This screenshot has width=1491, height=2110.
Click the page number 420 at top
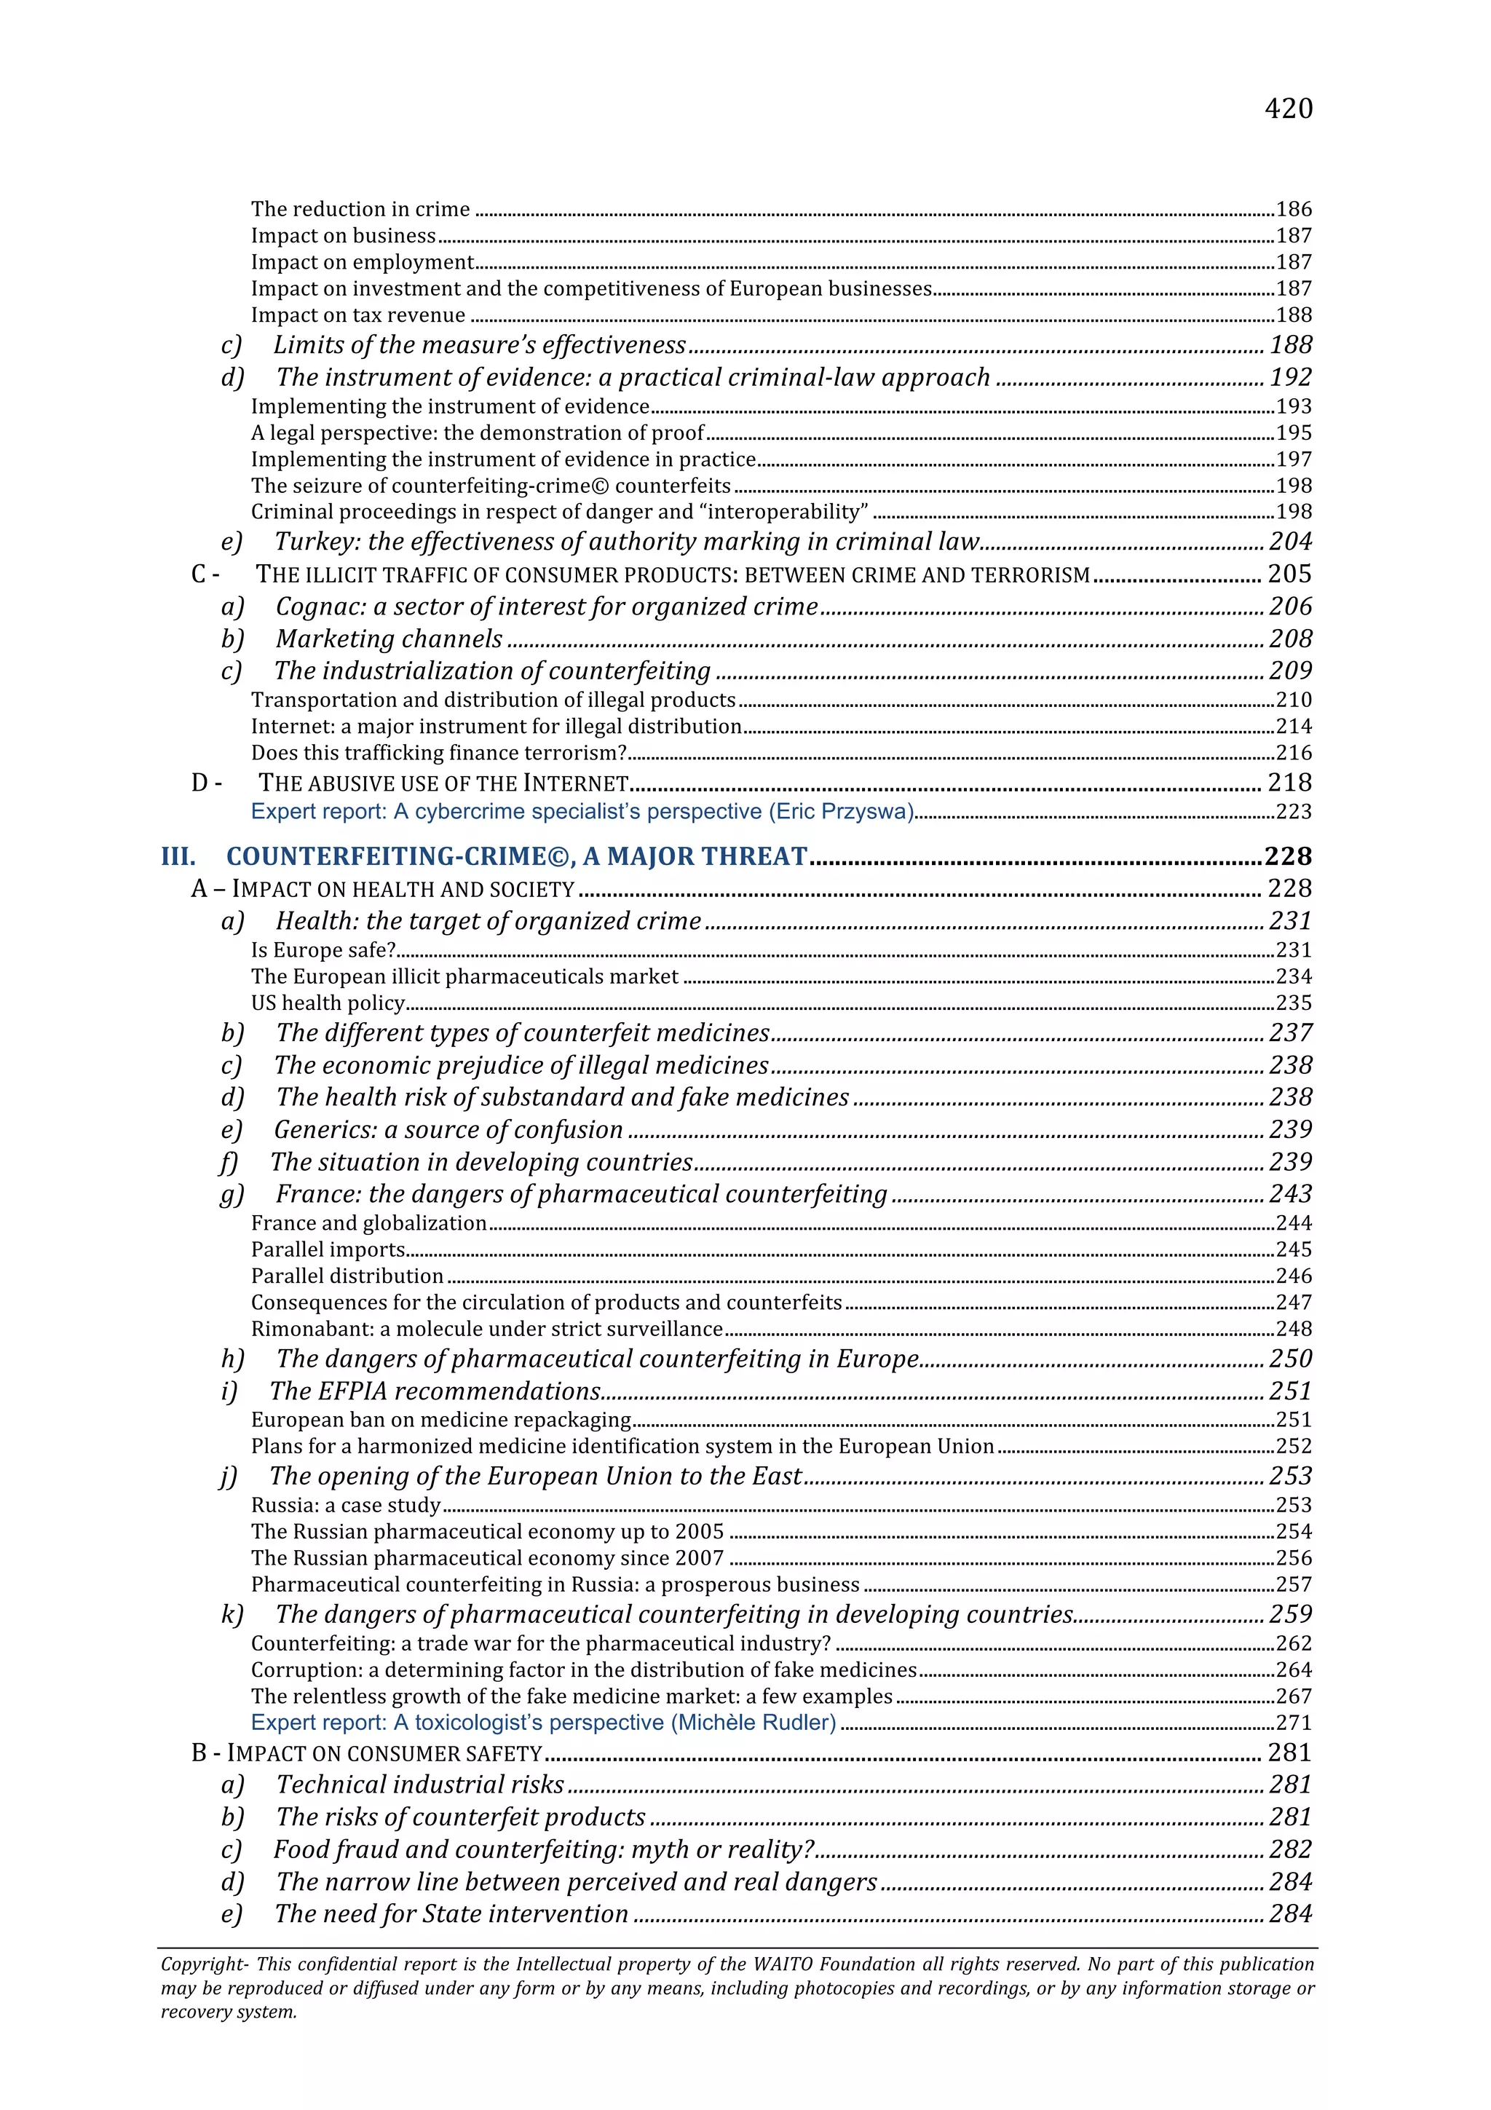[x=1288, y=109]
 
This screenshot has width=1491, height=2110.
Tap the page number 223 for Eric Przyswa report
[x=1294, y=813]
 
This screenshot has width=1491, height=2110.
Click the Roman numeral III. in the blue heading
[x=178, y=856]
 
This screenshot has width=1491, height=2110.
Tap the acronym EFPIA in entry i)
[x=352, y=1391]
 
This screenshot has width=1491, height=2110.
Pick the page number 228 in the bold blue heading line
[x=1288, y=856]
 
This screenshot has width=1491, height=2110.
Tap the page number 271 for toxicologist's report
[x=1294, y=1723]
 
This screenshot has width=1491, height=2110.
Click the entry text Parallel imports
[x=328, y=1250]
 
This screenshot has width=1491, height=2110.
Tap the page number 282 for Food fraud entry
[x=1290, y=1850]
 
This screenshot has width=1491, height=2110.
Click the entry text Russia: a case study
[x=345, y=1505]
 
